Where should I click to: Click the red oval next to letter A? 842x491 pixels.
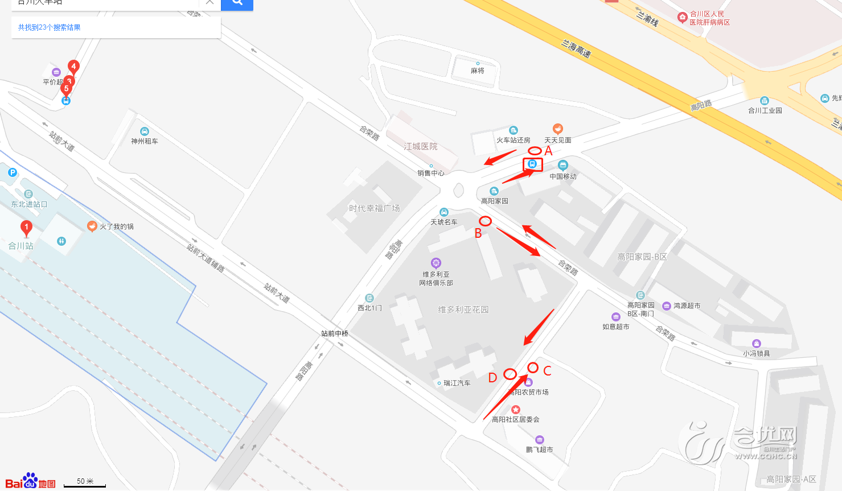point(535,151)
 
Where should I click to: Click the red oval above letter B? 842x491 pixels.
point(485,221)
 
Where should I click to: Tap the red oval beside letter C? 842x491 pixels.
point(533,368)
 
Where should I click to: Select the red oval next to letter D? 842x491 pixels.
point(510,374)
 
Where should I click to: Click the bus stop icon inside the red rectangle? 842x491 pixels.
point(532,164)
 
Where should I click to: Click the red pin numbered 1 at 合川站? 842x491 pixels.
point(26,228)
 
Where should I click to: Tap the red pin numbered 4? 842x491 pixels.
point(73,67)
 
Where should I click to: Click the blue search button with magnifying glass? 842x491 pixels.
point(237,3)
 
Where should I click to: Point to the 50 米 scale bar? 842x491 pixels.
point(85,484)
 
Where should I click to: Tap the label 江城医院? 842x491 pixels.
point(421,147)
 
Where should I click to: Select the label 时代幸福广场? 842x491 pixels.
point(374,208)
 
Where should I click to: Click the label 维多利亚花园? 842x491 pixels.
point(463,310)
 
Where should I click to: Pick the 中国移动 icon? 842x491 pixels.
point(563,166)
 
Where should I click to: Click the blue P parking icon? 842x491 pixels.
point(13,172)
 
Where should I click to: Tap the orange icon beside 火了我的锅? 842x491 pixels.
point(92,226)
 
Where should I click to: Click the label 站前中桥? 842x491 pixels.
point(335,333)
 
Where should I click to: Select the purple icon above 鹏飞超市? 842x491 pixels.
point(539,440)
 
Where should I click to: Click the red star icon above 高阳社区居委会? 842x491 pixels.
point(515,410)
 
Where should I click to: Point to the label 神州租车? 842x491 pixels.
point(145,141)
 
